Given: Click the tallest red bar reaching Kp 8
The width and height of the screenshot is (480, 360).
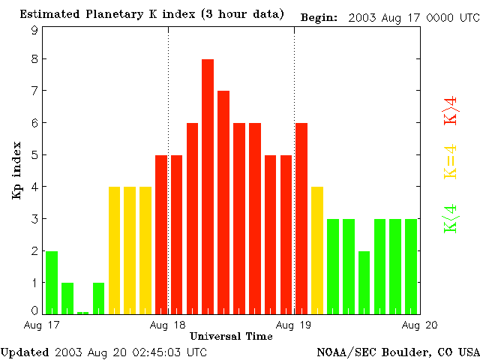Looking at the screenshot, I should pyautogui.click(x=208, y=186).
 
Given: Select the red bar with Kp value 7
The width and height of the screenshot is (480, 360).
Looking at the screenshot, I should pyautogui.click(x=223, y=202).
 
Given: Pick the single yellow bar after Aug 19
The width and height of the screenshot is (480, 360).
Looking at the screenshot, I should pyautogui.click(x=317, y=250).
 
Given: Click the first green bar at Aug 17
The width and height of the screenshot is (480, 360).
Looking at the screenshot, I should pyautogui.click(x=52, y=282).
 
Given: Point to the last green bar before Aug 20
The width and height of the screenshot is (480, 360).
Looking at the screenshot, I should pyautogui.click(x=411, y=266).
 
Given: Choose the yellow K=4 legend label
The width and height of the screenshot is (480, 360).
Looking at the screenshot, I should pyautogui.click(x=451, y=162).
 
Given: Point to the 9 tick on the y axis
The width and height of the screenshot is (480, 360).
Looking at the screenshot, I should pyautogui.click(x=34, y=31).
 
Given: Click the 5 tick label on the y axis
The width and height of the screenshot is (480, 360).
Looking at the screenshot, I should pyautogui.click(x=34, y=155).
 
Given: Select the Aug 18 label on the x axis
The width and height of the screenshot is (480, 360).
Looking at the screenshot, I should pyautogui.click(x=168, y=325).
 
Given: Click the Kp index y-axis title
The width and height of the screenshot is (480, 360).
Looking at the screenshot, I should pyautogui.click(x=16, y=169).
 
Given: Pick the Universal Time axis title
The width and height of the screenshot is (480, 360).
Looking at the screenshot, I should pyautogui.click(x=231, y=336).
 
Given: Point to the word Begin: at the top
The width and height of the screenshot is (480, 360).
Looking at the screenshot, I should pyautogui.click(x=319, y=16).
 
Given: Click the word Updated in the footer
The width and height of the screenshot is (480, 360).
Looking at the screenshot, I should pyautogui.click(x=25, y=352).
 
